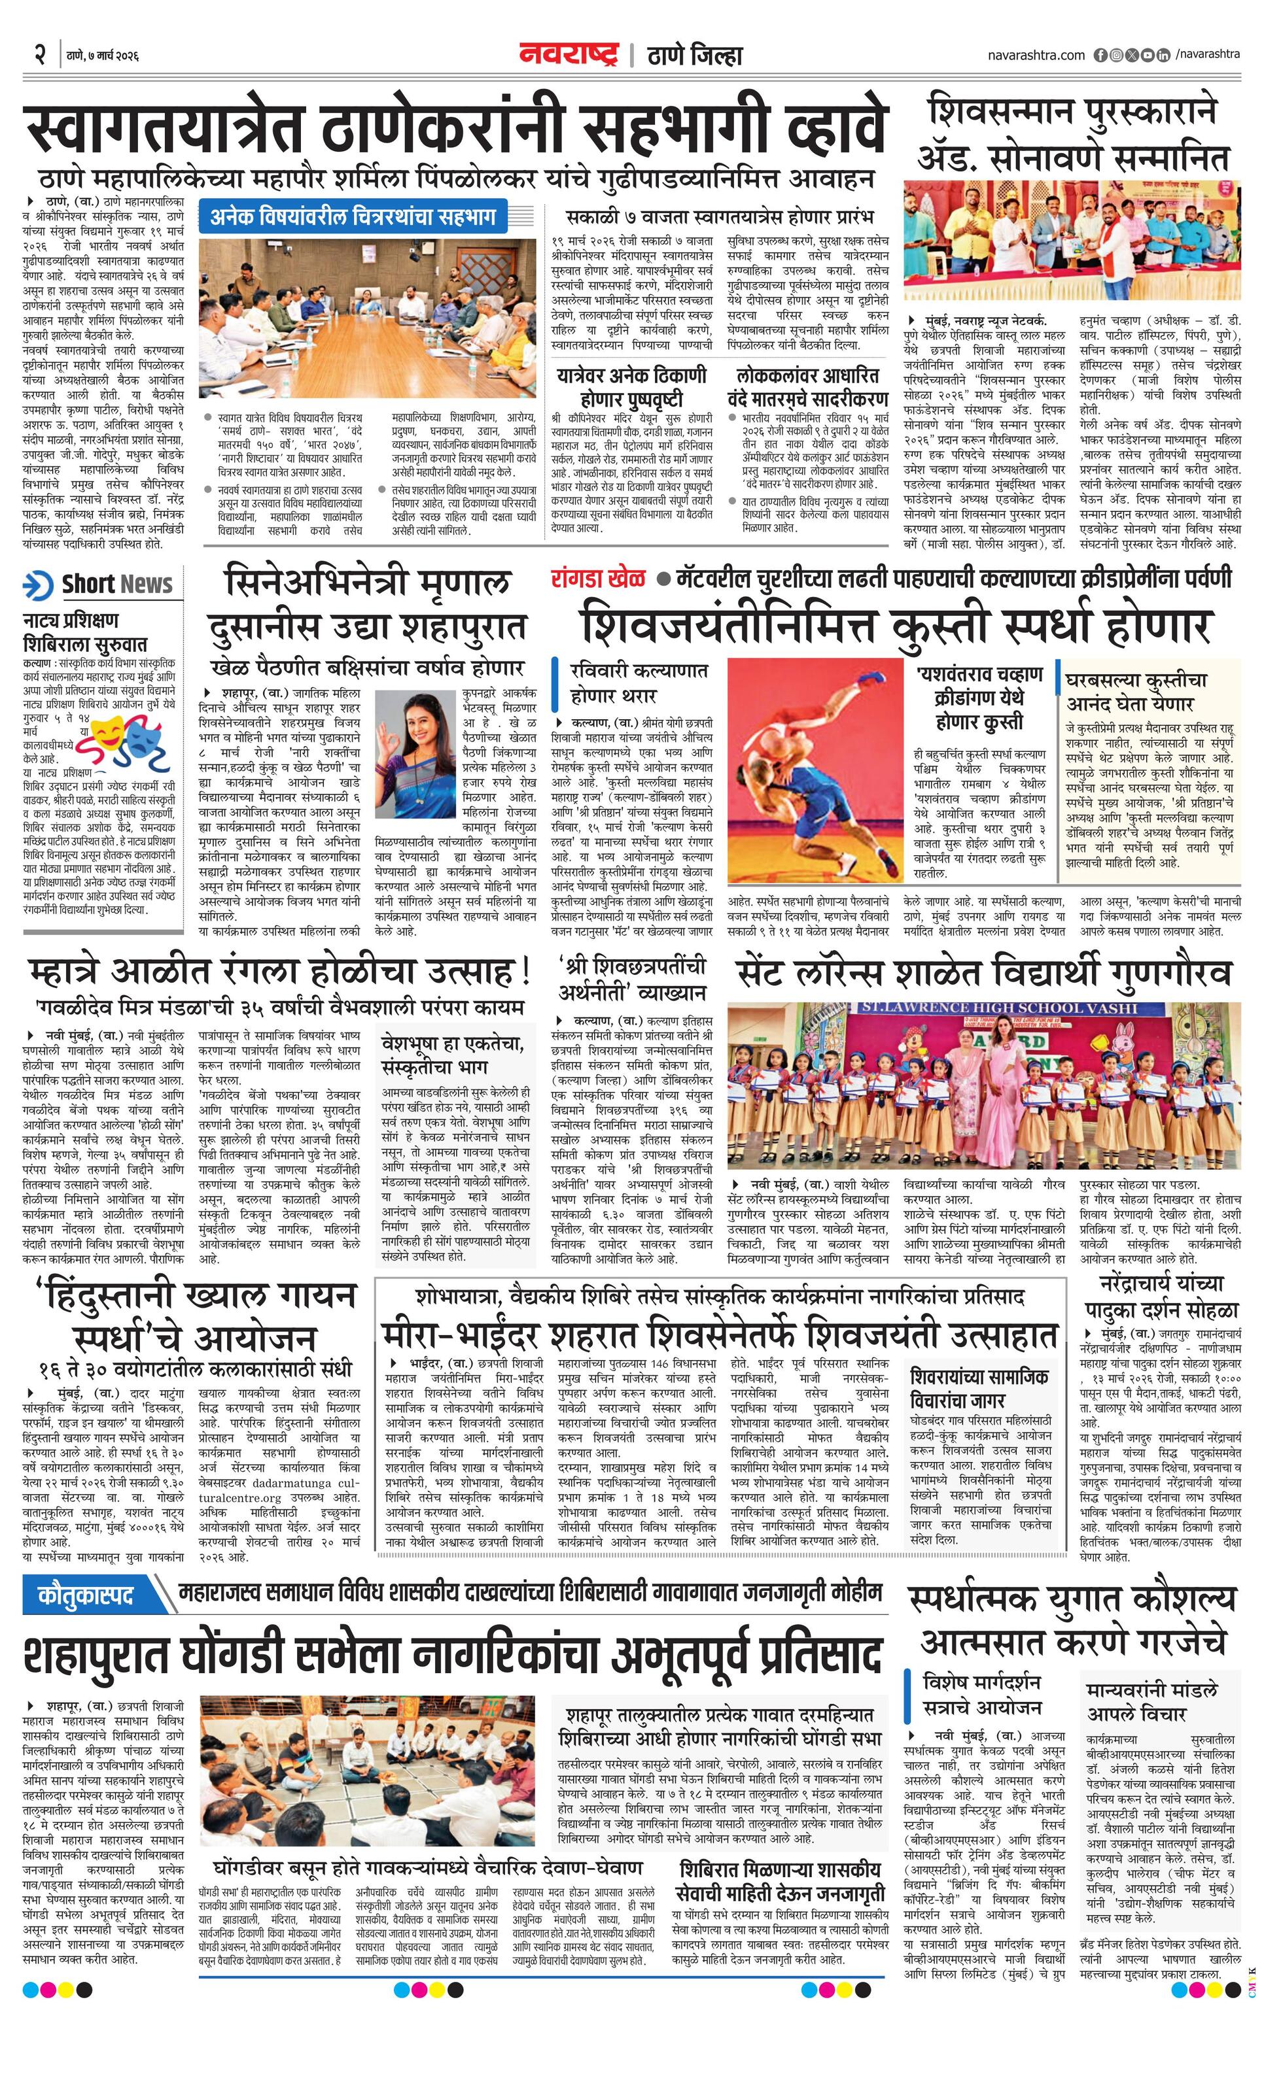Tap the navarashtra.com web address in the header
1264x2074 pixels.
click(1036, 56)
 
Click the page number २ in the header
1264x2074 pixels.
click(39, 56)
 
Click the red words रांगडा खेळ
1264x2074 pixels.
click(599, 579)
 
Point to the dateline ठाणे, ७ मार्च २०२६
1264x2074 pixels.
click(103, 56)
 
